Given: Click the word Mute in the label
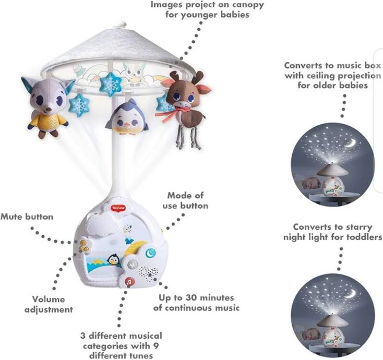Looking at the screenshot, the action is point(12,217).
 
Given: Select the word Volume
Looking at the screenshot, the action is point(49,299).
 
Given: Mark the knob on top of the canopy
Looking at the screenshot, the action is point(122,23).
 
